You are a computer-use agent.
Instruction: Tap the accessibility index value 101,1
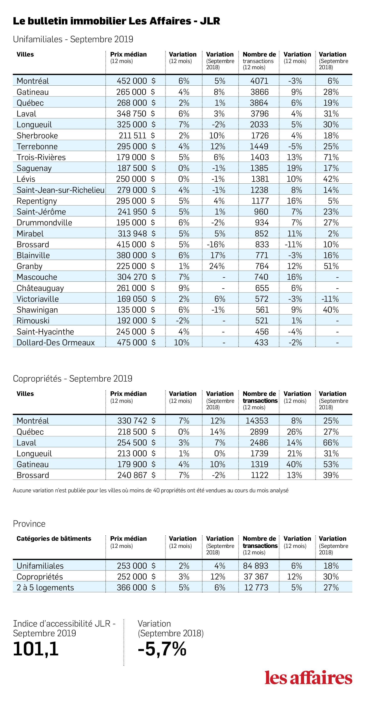pyautogui.click(x=36, y=649)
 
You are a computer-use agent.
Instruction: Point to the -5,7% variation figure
pyautogui.click(x=162, y=649)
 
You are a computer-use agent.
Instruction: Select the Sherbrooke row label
pyautogui.click(x=37, y=135)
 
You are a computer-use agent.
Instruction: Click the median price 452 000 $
pyautogui.click(x=136, y=81)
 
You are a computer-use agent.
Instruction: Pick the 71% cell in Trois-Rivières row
pyautogui.click(x=331, y=157)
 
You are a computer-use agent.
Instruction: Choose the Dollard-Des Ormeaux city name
pyautogui.click(x=56, y=342)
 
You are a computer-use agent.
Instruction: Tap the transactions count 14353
pyautogui.click(x=257, y=420)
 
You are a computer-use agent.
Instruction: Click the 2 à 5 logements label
pyautogui.click(x=45, y=587)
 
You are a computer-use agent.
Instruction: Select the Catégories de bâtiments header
pyautogui.click(x=54, y=539)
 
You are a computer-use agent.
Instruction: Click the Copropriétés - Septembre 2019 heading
pyautogui.click(x=72, y=379)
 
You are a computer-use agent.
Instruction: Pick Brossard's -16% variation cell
pyautogui.click(x=216, y=244)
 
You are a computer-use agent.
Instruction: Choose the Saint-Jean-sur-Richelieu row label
pyautogui.click(x=60, y=190)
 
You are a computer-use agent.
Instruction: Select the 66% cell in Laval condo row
pyautogui.click(x=331, y=442)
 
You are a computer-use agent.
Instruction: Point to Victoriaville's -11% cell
pyautogui.click(x=330, y=299)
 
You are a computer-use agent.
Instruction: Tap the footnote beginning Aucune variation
pyautogui.click(x=151, y=490)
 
